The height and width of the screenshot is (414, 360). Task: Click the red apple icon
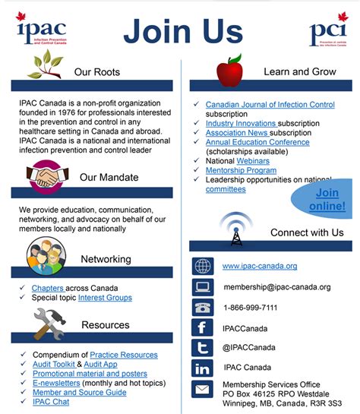pos(229,71)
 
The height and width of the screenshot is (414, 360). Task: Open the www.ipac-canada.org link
pos(260,266)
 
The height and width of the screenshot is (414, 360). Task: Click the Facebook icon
pos(203,328)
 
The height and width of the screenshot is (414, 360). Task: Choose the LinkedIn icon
pos(203,368)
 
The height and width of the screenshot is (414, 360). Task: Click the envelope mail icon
pos(203,390)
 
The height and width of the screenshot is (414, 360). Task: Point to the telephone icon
pos(203,308)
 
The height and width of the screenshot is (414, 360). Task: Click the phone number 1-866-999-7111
pos(250,308)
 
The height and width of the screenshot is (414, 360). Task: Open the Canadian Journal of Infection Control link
pos(270,104)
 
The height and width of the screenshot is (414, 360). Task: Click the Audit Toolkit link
pos(52,365)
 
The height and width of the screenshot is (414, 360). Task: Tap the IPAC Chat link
pos(50,402)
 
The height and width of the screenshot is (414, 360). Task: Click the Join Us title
pos(183,31)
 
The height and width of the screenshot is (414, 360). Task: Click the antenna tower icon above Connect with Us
pos(235,228)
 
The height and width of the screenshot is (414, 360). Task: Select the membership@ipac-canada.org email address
pos(276,287)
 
